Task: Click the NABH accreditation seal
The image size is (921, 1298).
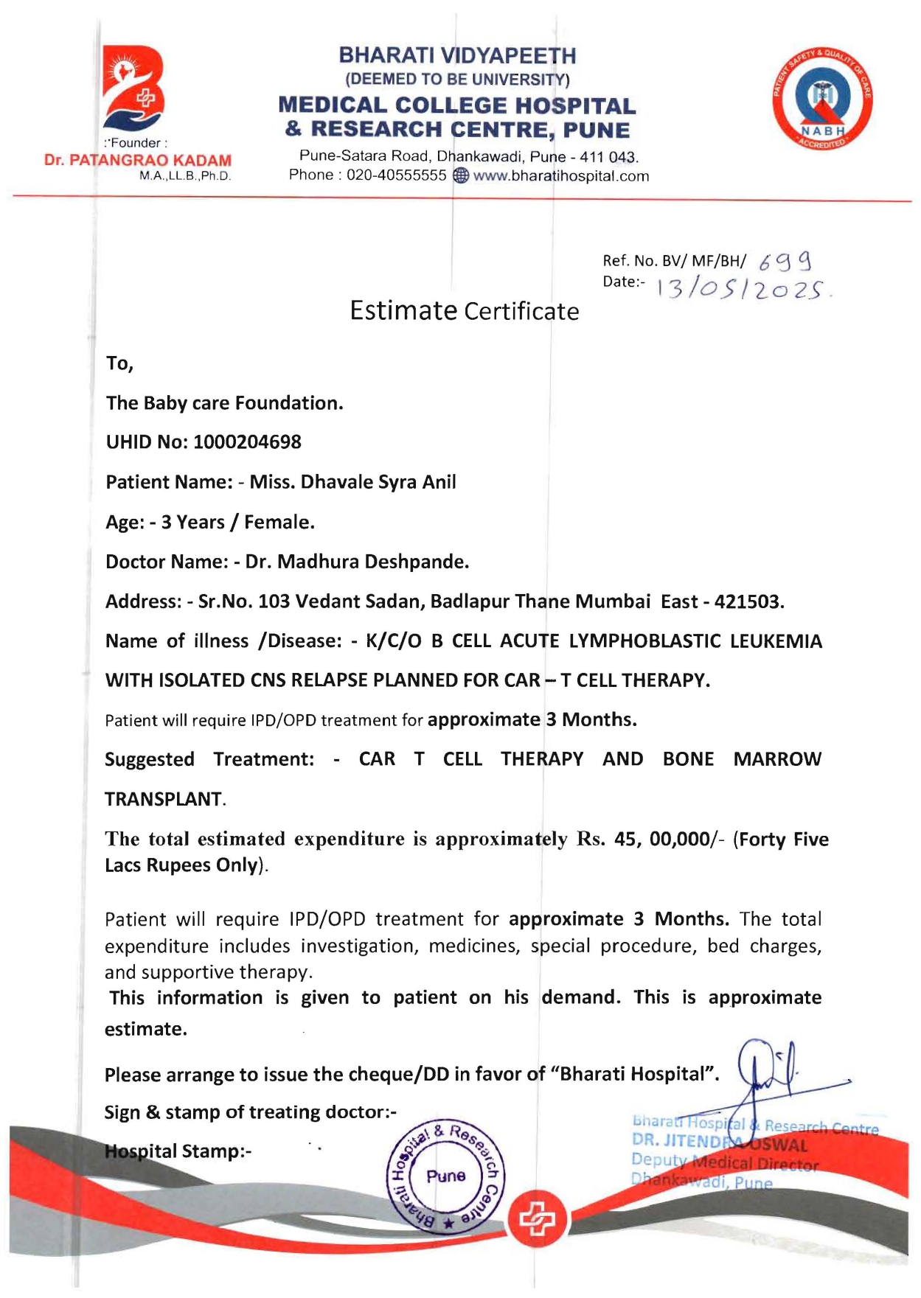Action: tap(823, 100)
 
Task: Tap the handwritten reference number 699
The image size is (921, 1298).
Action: tap(785, 261)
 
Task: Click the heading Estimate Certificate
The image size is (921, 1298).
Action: tap(464, 311)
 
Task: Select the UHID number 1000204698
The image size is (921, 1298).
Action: tap(247, 442)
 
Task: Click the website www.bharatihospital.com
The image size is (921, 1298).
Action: tap(560, 176)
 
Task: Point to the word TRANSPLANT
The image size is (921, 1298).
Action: tap(164, 800)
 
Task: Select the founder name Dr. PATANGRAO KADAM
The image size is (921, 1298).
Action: tap(138, 161)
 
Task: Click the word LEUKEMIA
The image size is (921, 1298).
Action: tap(776, 641)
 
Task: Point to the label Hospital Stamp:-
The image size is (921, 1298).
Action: tap(178, 1151)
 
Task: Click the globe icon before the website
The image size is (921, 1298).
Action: tap(460, 176)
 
